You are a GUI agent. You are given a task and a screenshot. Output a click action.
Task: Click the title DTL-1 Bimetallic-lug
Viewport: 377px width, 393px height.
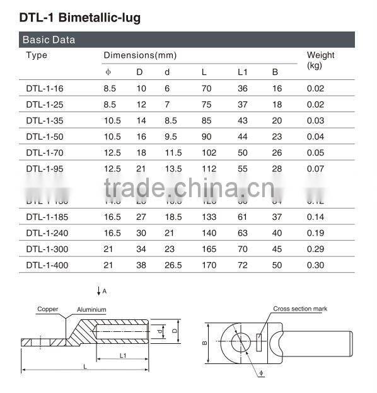(x=79, y=17)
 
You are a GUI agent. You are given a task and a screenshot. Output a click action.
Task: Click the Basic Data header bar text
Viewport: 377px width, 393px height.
(x=49, y=40)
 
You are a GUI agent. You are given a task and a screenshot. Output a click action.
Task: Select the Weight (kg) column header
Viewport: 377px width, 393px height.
(x=320, y=60)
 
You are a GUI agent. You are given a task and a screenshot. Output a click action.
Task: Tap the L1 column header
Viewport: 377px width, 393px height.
(x=242, y=72)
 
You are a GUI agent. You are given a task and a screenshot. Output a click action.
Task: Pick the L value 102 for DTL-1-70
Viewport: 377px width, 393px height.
(x=208, y=152)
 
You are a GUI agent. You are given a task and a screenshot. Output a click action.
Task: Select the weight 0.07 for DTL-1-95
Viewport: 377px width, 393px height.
(x=315, y=169)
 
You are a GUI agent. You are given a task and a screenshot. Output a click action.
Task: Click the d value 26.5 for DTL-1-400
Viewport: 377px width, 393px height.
(x=173, y=265)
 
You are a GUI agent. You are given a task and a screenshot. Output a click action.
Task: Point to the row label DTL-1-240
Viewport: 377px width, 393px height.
(x=47, y=233)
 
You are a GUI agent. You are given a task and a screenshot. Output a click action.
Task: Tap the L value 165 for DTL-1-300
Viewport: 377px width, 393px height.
(x=208, y=249)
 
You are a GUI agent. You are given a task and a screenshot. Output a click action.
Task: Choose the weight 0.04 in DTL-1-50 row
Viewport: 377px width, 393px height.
(x=315, y=137)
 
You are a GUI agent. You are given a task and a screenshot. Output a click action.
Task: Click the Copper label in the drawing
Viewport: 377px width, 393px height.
(x=47, y=309)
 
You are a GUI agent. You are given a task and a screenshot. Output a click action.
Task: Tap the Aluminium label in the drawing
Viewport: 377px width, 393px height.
(x=92, y=310)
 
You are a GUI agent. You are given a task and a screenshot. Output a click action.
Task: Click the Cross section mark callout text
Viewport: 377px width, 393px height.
(x=300, y=309)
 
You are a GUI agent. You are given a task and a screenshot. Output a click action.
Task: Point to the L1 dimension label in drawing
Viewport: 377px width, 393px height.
(x=124, y=356)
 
